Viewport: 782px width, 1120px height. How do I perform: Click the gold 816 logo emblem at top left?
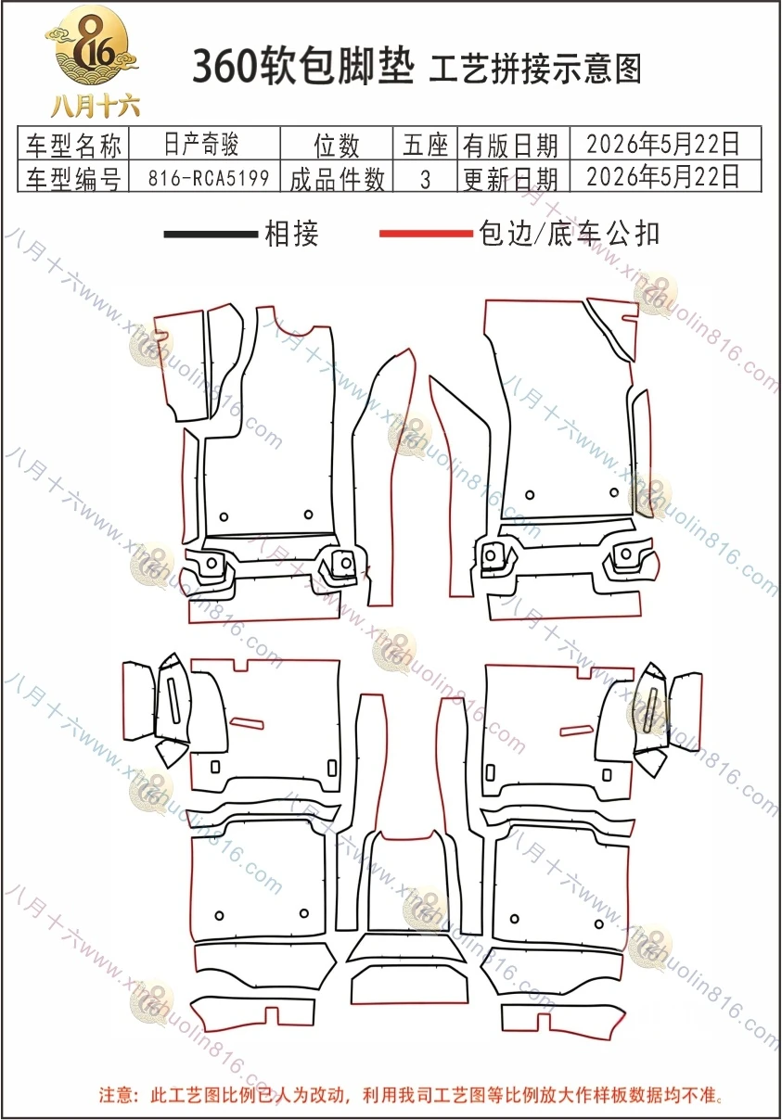pos(92,45)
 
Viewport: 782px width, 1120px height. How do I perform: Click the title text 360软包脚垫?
pos(303,66)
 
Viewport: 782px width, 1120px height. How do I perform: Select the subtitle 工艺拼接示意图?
pos(535,69)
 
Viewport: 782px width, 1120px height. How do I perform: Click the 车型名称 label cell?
pos(73,145)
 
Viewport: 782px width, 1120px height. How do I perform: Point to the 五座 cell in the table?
pos(425,145)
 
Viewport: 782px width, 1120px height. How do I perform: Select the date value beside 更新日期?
pos(662,176)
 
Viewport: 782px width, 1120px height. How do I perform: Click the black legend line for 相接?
pos(211,234)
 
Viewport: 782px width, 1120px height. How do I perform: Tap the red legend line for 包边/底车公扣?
pos(427,234)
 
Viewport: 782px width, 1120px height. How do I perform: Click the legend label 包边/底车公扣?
pos(569,234)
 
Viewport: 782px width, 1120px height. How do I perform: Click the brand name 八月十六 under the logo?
pos(95,106)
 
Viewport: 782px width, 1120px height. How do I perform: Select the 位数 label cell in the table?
pos(336,145)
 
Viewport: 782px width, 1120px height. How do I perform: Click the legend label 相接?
pos(291,234)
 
